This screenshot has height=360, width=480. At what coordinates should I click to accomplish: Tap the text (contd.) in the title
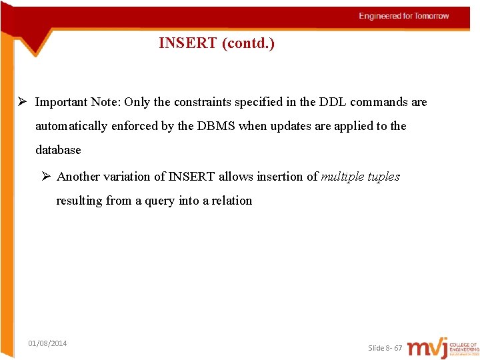[247, 43]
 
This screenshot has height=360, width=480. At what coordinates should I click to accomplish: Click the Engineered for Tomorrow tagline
[404, 16]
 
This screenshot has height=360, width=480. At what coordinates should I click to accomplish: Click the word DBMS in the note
[216, 126]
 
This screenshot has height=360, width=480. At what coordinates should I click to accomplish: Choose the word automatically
[71, 126]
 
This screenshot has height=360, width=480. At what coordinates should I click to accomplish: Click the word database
[58, 150]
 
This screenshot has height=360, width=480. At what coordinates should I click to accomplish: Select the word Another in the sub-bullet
[78, 177]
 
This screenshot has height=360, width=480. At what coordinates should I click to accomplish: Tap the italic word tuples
[383, 177]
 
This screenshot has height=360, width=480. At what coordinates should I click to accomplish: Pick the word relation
[231, 201]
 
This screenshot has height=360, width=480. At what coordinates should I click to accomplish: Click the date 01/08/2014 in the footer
[47, 343]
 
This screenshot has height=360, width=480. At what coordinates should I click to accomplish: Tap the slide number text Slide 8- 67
[385, 348]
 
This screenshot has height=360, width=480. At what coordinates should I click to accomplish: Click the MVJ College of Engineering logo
[443, 348]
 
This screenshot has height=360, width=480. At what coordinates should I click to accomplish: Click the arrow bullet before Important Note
[22, 102]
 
